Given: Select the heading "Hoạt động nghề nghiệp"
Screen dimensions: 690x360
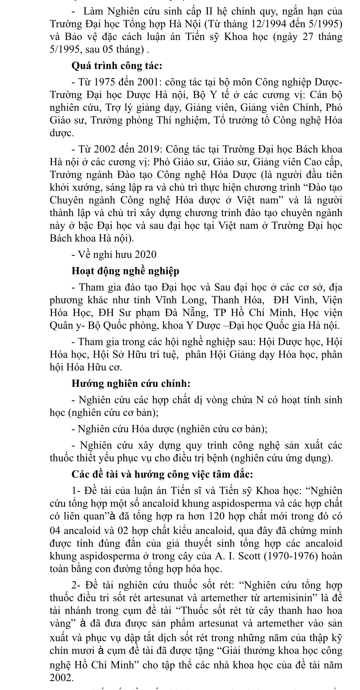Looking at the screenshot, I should (125, 271).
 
